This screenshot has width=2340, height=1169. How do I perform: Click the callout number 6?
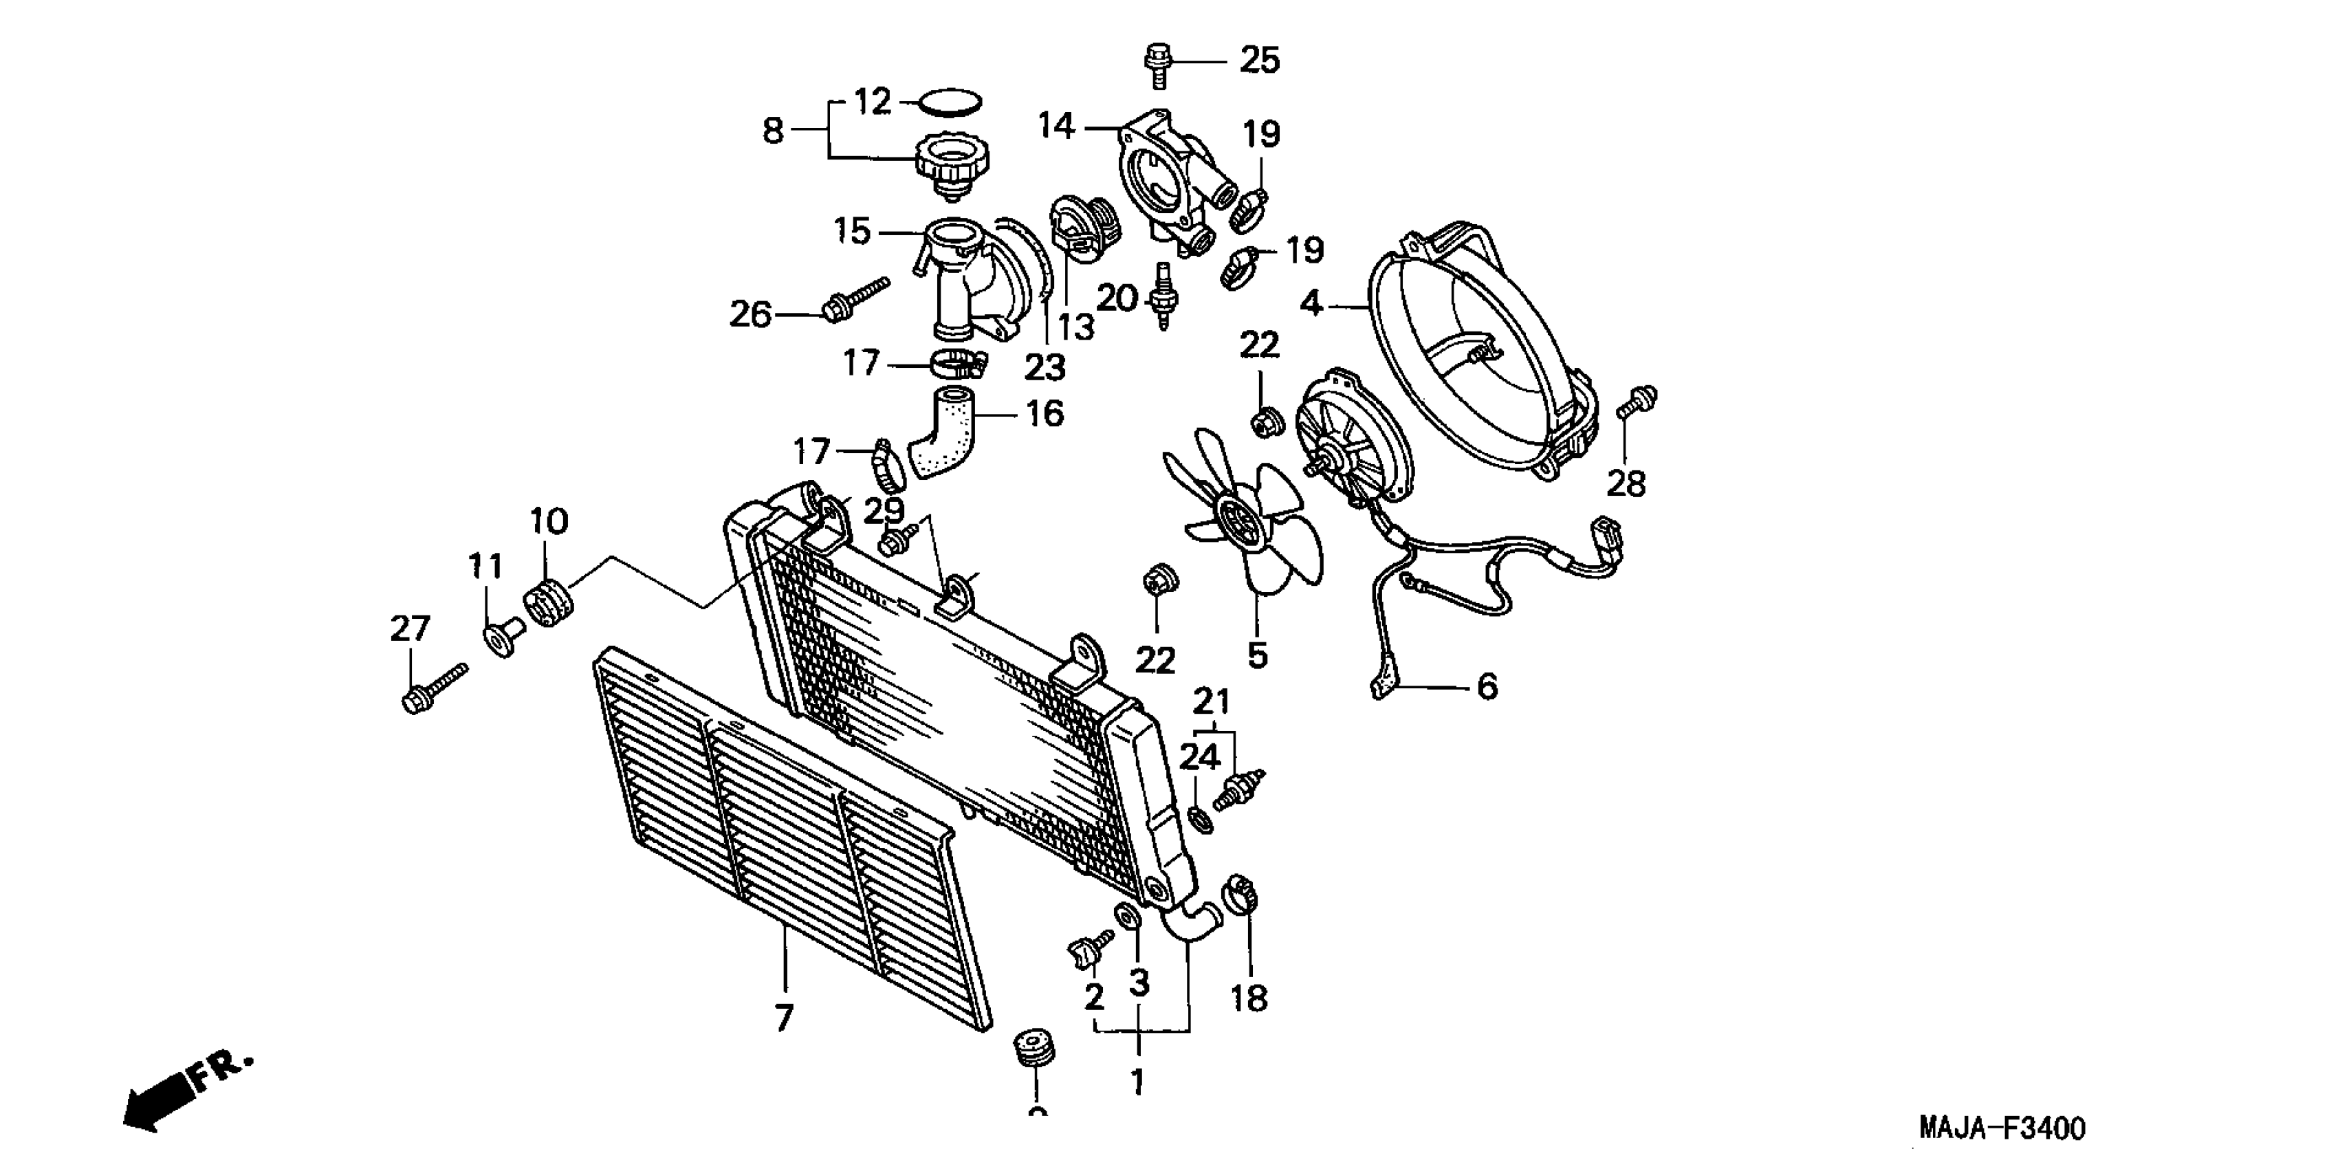click(x=1487, y=688)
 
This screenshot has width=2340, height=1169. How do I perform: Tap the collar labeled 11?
click(x=503, y=636)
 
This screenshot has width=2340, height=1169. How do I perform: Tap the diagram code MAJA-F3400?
click(x=2002, y=1129)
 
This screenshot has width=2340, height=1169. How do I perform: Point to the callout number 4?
click(x=1311, y=303)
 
